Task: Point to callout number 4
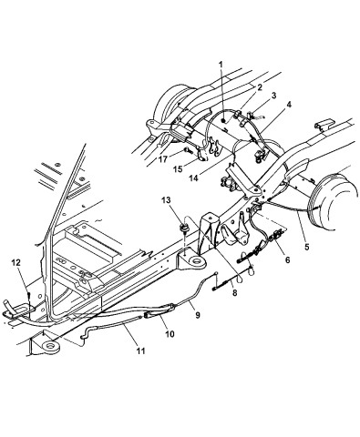(x=290, y=107)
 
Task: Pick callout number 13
(x=166, y=199)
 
